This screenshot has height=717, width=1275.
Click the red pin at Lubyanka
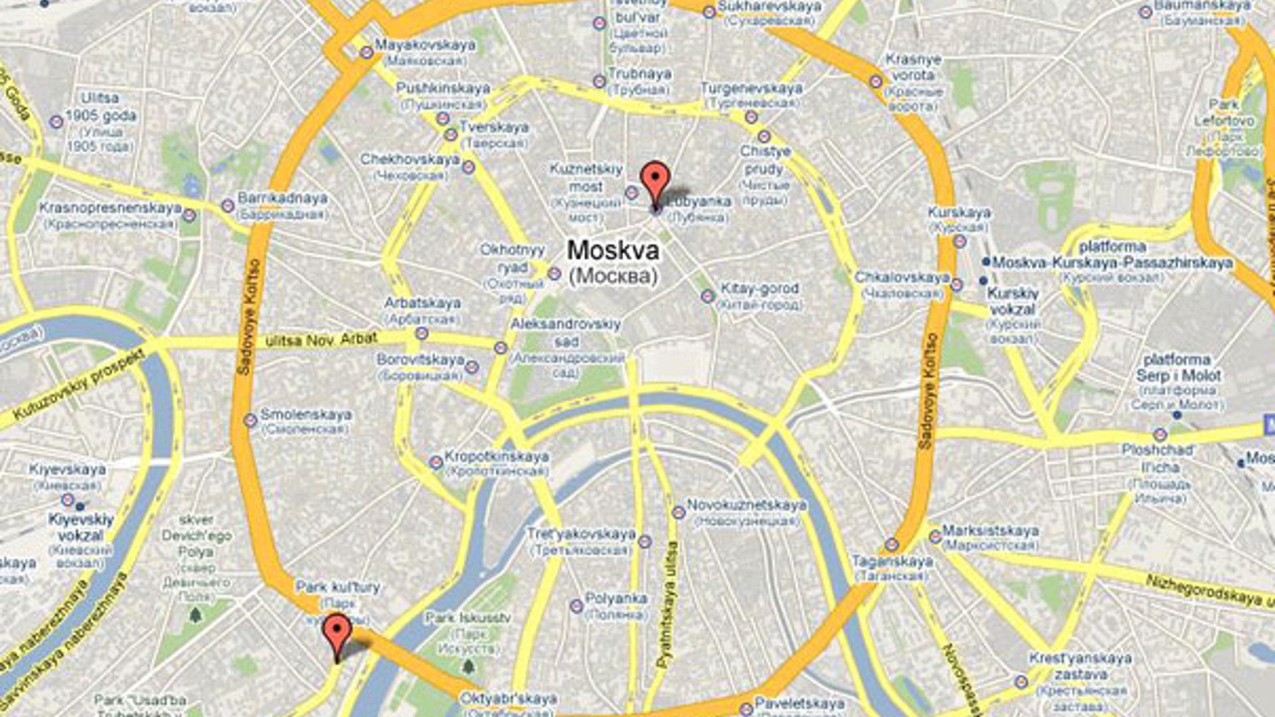[655, 179]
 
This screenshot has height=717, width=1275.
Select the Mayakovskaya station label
[425, 45]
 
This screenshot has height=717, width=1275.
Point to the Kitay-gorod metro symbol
[708, 295]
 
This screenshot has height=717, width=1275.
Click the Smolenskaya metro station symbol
[250, 420]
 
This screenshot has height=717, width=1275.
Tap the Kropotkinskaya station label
[496, 457]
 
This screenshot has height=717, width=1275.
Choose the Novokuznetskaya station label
[746, 505]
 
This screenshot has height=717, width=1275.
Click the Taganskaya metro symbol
[891, 545]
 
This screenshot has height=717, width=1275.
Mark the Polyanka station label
[616, 599]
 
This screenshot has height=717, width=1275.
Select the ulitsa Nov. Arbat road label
[321, 340]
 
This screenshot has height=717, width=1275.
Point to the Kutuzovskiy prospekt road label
[78, 385]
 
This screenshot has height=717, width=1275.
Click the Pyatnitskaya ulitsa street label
[667, 604]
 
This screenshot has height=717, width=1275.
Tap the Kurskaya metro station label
[959, 213]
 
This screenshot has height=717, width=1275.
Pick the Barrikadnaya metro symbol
[228, 206]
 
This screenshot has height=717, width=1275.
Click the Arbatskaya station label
[422, 303]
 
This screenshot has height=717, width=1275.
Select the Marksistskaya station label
[990, 531]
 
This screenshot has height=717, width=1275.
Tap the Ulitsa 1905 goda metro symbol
[56, 122]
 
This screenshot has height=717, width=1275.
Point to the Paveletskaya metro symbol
[746, 708]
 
